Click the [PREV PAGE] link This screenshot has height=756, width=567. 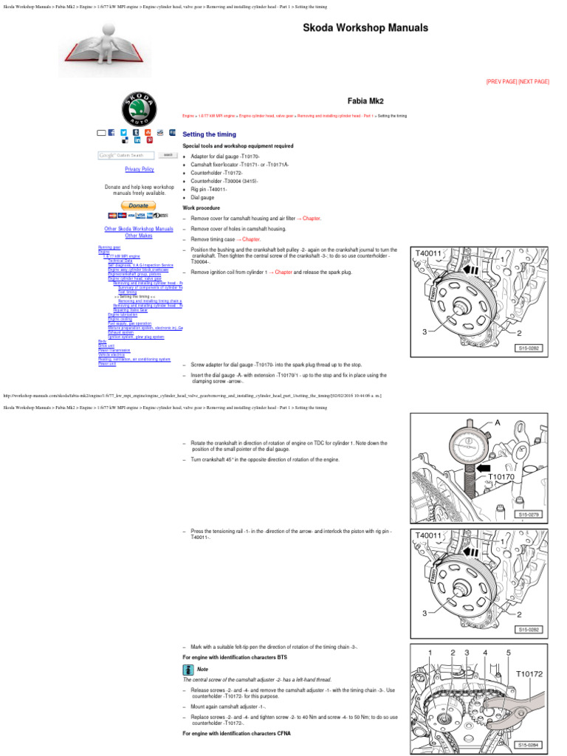pyautogui.click(x=501, y=81)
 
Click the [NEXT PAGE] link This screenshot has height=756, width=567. pyautogui.click(x=534, y=81)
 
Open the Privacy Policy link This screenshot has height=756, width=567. pyautogui.click(x=140, y=169)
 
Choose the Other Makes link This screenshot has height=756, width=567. pyautogui.click(x=139, y=236)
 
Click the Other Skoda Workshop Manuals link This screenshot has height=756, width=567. pyautogui.click(x=139, y=229)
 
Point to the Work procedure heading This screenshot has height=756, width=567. pyautogui.click(x=201, y=208)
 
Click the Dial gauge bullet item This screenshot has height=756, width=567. pyautogui.click(x=203, y=198)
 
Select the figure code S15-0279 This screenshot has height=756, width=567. pyautogui.click(x=531, y=514)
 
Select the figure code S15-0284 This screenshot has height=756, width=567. pyautogui.click(x=531, y=745)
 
